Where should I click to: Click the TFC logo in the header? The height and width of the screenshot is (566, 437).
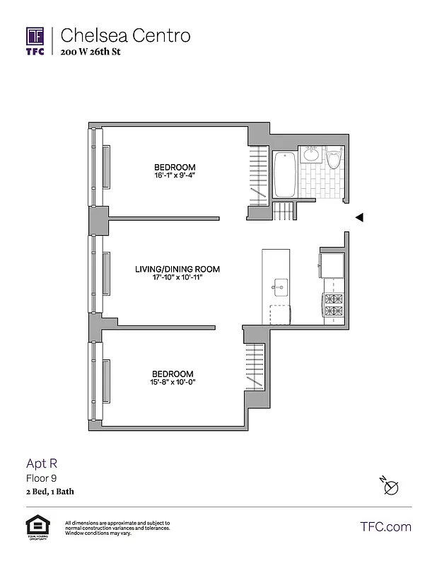pyautogui.click(x=35, y=41)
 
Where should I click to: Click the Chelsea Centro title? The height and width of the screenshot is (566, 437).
pyautogui.click(x=125, y=35)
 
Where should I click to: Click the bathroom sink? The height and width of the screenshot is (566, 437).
pyautogui.click(x=311, y=154)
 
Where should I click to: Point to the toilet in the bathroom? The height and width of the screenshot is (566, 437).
pyautogui.click(x=334, y=157)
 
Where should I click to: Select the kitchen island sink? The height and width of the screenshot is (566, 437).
pyautogui.click(x=280, y=287)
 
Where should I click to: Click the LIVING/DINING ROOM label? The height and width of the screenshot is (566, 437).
pyautogui.click(x=177, y=269)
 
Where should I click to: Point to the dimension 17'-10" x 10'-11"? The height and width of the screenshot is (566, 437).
pyautogui.click(x=177, y=277)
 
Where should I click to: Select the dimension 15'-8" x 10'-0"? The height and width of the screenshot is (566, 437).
pyautogui.click(x=173, y=382)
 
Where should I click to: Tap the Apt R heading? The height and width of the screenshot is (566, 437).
pyautogui.click(x=41, y=464)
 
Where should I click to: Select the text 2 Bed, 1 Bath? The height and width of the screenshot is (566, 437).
pyautogui.click(x=49, y=491)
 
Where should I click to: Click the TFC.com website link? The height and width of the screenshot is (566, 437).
pyautogui.click(x=385, y=526)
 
